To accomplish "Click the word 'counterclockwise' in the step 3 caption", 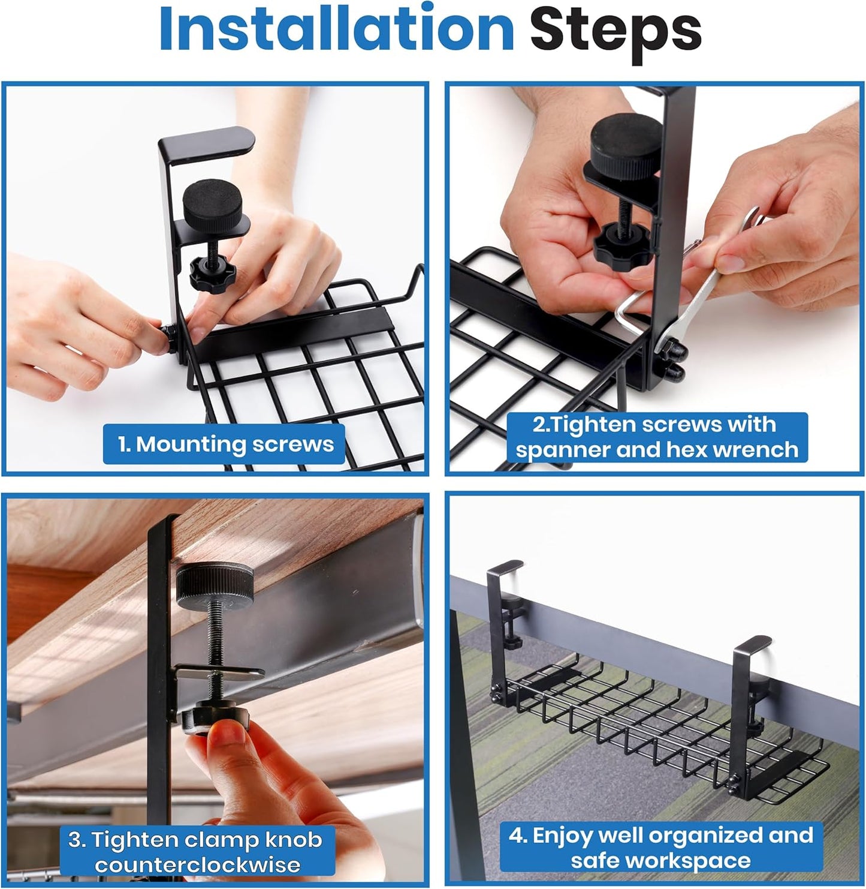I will pyautogui.click(x=198, y=864).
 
